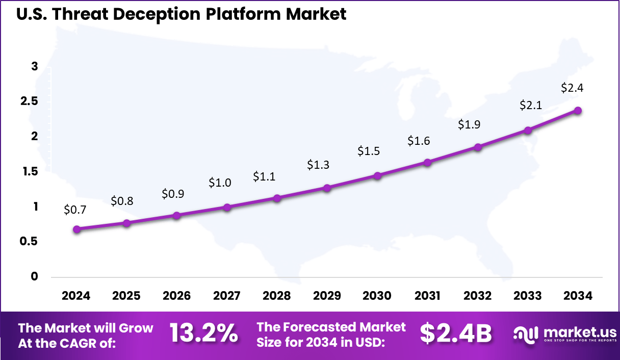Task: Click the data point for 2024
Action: pyautogui.click(x=76, y=229)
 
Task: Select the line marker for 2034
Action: pyautogui.click(x=578, y=110)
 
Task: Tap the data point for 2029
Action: pyautogui.click(x=327, y=188)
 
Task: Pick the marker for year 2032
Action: pyautogui.click(x=478, y=147)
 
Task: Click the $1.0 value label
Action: pyautogui.click(x=220, y=183)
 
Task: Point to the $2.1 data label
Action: pyautogui.click(x=530, y=105)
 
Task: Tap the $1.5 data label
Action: pyautogui.click(x=368, y=151)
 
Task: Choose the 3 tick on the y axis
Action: pyautogui.click(x=35, y=66)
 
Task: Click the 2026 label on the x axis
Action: pyautogui.click(x=176, y=296)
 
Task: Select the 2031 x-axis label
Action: pyautogui.click(x=427, y=296)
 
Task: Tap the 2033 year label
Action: pyautogui.click(x=528, y=296)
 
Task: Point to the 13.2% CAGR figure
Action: pyautogui.click(x=203, y=333)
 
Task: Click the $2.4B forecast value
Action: pyautogui.click(x=455, y=333)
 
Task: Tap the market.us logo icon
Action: pyautogui.click(x=525, y=335)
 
